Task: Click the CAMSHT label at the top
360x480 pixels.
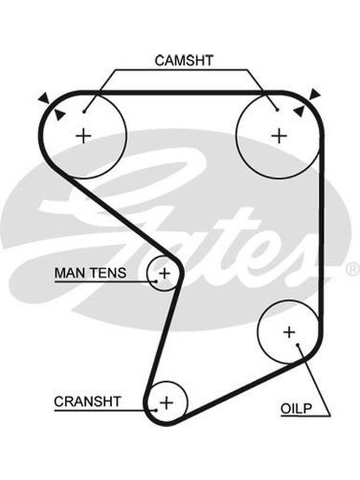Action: (x=184, y=61)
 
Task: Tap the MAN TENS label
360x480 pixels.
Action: (x=91, y=272)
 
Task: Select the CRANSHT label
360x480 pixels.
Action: (x=88, y=401)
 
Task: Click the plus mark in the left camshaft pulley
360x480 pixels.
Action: (x=83, y=136)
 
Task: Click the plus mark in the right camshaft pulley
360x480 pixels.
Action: (x=279, y=136)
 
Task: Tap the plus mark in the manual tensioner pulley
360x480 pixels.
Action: (x=164, y=273)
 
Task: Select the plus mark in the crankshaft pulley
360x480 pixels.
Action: (x=167, y=403)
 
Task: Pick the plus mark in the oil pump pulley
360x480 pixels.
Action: (x=289, y=332)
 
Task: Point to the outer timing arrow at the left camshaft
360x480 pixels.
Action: (x=44, y=97)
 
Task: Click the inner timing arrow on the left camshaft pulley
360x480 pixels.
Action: (x=59, y=115)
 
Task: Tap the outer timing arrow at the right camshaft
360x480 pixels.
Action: (x=315, y=94)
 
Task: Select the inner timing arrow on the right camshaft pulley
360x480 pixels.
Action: (x=299, y=110)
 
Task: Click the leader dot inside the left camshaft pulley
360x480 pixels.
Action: (x=83, y=112)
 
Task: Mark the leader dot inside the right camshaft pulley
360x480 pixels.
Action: (x=277, y=110)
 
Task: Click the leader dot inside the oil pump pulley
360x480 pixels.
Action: (x=297, y=345)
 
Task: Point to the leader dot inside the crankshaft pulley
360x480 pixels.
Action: (x=156, y=410)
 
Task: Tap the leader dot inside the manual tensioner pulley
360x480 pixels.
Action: (x=156, y=281)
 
